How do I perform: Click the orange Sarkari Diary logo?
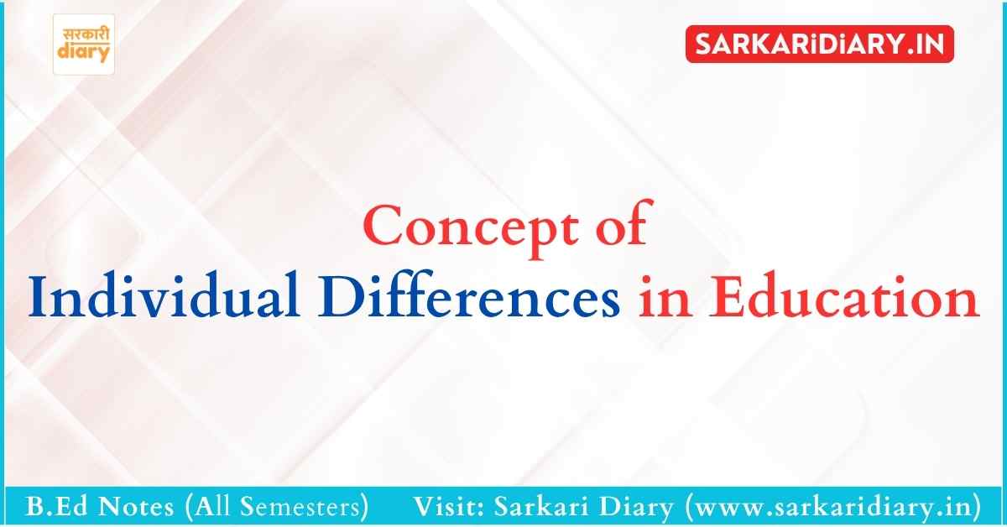84,44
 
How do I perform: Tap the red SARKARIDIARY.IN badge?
820,44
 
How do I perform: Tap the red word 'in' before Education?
665,297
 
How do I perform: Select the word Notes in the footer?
136,507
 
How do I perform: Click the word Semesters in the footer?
300,507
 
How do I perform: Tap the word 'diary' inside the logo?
84,52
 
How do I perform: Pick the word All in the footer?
212,507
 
